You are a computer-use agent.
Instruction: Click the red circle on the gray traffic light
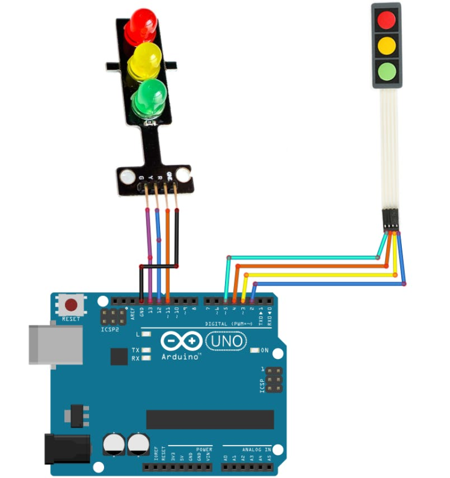[386, 21]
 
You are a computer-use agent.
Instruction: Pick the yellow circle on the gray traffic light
[386, 46]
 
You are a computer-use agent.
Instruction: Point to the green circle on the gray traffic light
[386, 73]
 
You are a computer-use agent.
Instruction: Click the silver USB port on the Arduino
[55, 345]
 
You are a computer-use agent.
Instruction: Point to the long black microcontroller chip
[209, 419]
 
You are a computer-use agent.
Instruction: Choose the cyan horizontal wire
[301, 258]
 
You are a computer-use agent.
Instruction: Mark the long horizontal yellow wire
[319, 275]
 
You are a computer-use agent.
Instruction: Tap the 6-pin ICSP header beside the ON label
[275, 380]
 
